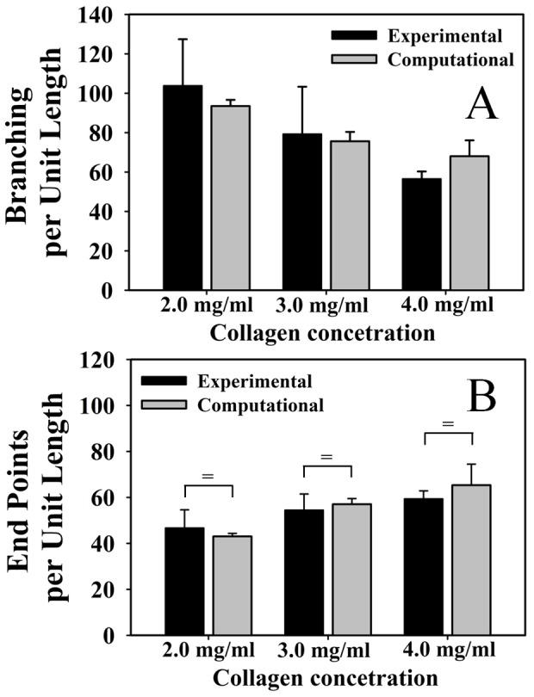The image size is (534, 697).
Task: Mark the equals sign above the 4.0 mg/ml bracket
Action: [447, 423]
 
